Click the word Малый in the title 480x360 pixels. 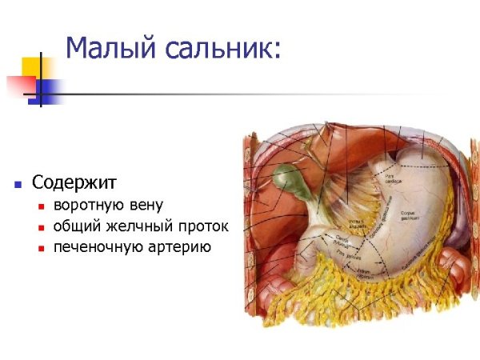110,49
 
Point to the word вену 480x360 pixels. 144,206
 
